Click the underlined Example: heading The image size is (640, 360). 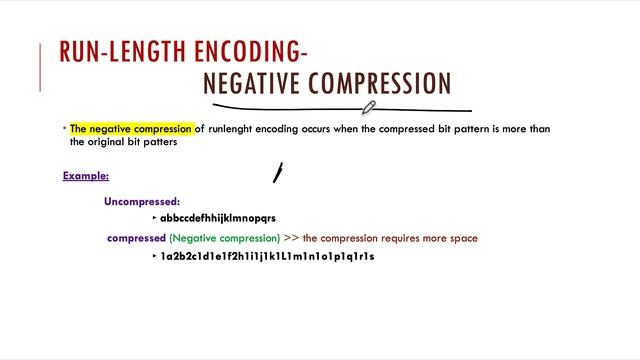pos(85,177)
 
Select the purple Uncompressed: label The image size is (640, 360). pos(142,201)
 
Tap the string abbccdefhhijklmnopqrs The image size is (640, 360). pos(217,217)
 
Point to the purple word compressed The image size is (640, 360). pos(136,238)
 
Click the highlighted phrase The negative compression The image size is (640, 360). pos(130,129)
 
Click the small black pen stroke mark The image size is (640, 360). pos(279,174)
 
